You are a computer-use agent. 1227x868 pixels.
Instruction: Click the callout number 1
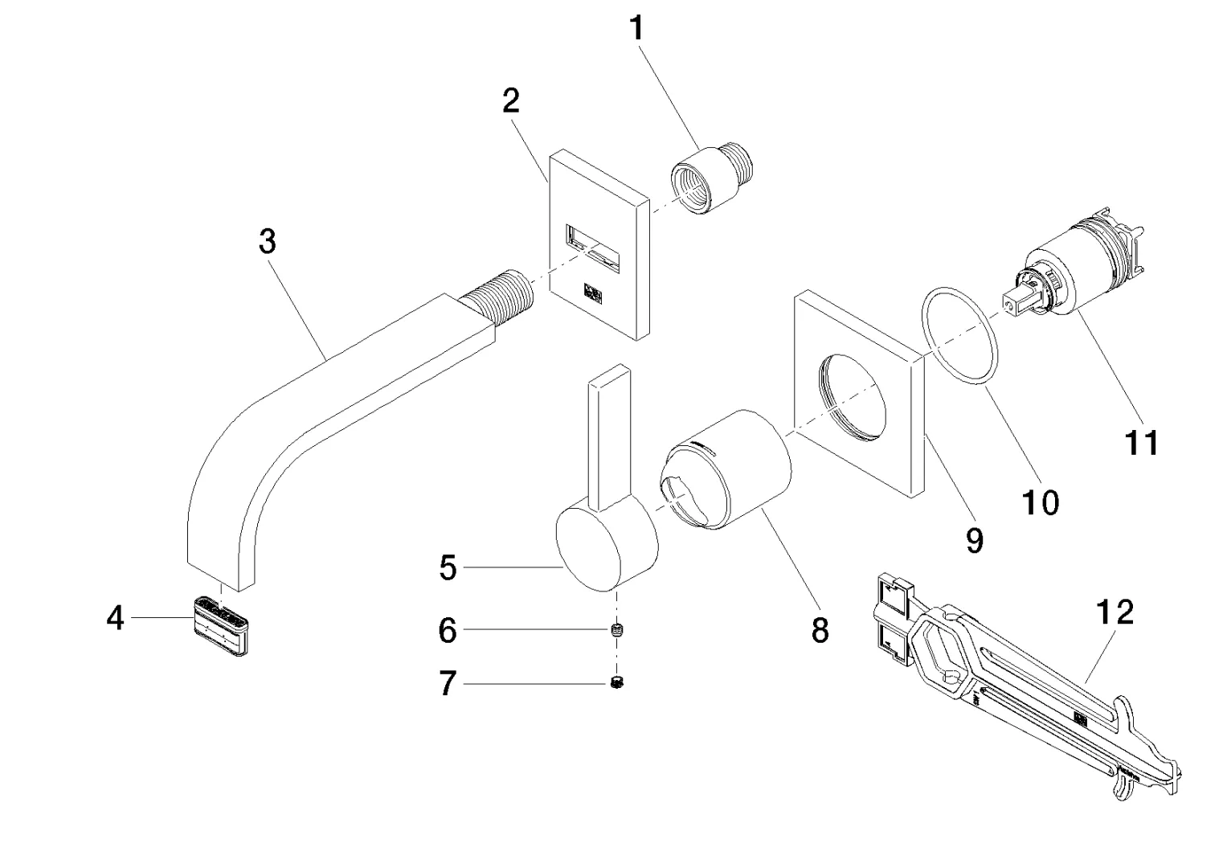(636, 29)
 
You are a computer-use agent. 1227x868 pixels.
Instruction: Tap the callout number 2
(511, 100)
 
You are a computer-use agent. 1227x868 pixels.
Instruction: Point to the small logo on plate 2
(595, 291)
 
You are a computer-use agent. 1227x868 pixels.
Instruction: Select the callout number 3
(268, 241)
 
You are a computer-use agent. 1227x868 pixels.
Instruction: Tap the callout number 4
(116, 618)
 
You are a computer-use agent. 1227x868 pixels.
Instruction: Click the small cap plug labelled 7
(617, 683)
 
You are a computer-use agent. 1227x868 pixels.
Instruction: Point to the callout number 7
(448, 684)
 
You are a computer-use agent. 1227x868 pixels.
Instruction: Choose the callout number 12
(1115, 613)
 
